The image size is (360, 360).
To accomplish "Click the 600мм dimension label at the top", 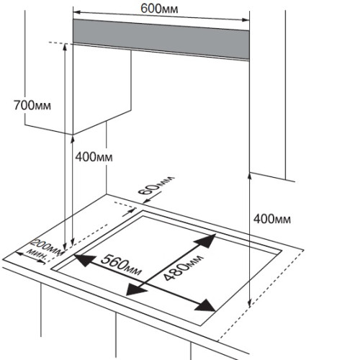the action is pyautogui.click(x=159, y=9).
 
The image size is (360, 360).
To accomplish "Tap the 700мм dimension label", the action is pyautogui.click(x=32, y=105).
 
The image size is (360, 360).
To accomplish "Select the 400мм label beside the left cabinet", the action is pyautogui.click(x=94, y=157).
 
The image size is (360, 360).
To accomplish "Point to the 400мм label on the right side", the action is pyautogui.click(x=272, y=219).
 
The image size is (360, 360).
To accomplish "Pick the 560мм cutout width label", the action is pyautogui.click(x=121, y=264).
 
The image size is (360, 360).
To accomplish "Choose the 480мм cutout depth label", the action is pyautogui.click(x=184, y=267).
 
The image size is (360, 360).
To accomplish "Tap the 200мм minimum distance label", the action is pyautogui.click(x=48, y=246).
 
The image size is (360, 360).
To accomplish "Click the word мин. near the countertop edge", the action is pyautogui.click(x=37, y=255).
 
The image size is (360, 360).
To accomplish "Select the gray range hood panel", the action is pyautogui.click(x=161, y=39).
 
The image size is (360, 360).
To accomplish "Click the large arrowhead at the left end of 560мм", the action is pyautogui.click(x=84, y=260).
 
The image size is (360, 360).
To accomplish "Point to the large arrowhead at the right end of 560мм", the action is pyautogui.click(x=204, y=305).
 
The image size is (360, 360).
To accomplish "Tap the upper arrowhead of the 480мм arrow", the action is pyautogui.click(x=206, y=240).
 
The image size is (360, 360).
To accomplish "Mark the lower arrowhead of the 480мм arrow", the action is pyautogui.click(x=135, y=289).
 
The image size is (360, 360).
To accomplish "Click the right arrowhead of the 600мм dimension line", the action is pyautogui.click(x=246, y=19).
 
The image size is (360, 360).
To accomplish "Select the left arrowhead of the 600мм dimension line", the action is pyautogui.click(x=77, y=12).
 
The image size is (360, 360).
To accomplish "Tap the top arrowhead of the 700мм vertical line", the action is pyautogui.click(x=65, y=48).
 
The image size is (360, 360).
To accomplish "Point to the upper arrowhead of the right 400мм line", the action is pyautogui.click(x=250, y=176).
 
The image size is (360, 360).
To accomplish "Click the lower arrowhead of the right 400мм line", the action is pyautogui.click(x=250, y=303).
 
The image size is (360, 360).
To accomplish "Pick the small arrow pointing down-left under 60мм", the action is pyautogui.click(x=147, y=201).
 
